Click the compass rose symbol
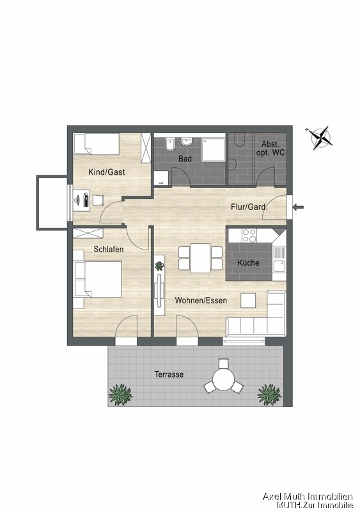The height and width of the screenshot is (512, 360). [321, 138]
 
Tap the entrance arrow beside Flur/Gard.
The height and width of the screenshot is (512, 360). [299, 207]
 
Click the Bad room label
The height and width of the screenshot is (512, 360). [185, 159]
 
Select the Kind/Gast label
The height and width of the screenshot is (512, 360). [106, 172]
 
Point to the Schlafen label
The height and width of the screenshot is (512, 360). [108, 249]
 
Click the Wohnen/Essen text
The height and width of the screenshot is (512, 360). [201, 300]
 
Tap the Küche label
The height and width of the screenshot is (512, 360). [248, 262]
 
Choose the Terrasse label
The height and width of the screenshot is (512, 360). [169, 374]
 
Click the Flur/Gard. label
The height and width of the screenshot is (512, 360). [249, 207]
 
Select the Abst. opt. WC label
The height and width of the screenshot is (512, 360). [270, 148]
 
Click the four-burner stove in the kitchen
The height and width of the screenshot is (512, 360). [249, 236]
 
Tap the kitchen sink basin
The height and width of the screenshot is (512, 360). [279, 266]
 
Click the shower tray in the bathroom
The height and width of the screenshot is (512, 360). [214, 149]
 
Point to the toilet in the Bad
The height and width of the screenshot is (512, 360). [169, 145]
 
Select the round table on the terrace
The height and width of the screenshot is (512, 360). [223, 379]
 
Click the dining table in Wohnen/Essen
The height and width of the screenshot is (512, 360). [200, 258]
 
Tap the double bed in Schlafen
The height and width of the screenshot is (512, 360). [98, 279]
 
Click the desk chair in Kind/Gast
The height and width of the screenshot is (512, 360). [98, 200]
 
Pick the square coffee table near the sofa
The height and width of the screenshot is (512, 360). [248, 300]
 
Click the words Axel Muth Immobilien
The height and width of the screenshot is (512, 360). [308, 497]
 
